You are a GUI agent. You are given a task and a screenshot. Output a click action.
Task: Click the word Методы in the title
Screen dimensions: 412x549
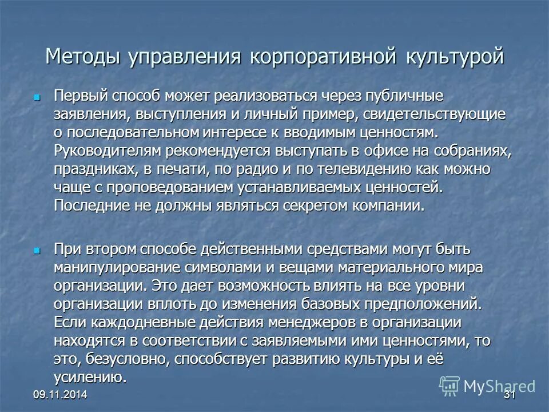[83, 57]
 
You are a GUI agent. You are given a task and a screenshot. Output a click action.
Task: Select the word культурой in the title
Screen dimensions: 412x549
[455, 57]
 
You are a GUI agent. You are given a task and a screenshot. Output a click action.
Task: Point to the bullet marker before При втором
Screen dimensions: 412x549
[38, 251]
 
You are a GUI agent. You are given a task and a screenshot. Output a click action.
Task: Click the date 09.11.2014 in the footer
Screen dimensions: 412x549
[56, 396]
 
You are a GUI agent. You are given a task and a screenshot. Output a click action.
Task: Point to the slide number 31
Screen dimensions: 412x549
[509, 396]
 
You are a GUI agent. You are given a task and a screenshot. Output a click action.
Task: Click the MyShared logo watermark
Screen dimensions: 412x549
[488, 386]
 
